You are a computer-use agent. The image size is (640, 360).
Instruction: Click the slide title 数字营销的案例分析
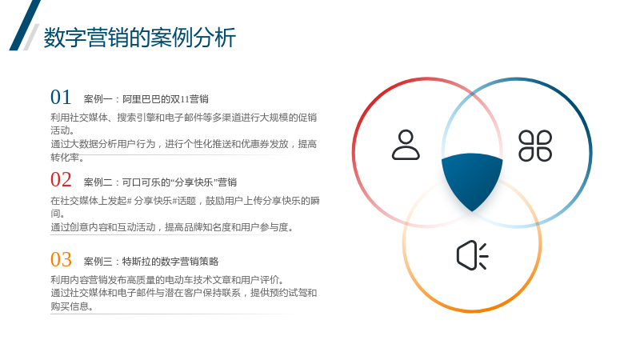click(139, 38)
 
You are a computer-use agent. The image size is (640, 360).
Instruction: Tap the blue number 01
click(61, 97)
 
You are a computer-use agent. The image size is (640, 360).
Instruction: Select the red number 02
click(61, 179)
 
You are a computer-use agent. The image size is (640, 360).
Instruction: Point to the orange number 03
click(61, 259)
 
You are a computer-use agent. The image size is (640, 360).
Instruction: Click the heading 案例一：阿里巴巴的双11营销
click(146, 99)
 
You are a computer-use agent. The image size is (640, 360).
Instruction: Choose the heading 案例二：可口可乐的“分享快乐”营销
click(160, 182)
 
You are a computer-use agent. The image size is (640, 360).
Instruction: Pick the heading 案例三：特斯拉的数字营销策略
click(151, 262)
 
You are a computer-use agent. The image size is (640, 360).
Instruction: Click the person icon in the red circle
click(406, 145)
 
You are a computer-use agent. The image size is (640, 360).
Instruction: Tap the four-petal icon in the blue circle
click(535, 146)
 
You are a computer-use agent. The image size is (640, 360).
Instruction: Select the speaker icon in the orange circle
click(472, 255)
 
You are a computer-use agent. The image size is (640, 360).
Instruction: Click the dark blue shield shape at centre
click(472, 179)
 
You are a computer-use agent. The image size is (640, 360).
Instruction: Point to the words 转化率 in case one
click(65, 157)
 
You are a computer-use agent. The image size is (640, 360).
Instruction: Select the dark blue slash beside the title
click(25, 26)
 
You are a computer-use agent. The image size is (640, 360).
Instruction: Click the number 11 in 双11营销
click(185, 99)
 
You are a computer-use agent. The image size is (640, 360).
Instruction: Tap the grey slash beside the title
click(31, 37)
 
